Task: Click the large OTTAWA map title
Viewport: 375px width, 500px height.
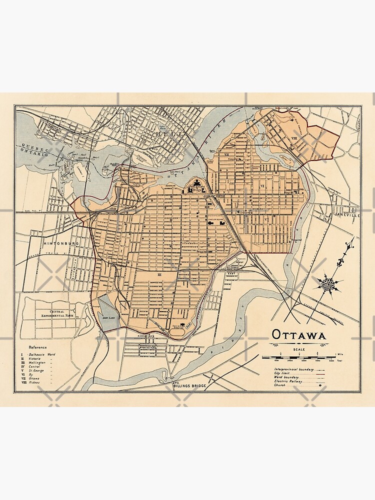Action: pos(299,334)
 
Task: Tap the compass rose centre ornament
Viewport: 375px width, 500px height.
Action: pos(328,284)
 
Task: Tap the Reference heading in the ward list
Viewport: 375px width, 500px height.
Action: pos(37,347)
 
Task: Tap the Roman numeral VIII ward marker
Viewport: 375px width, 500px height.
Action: pos(294,137)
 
